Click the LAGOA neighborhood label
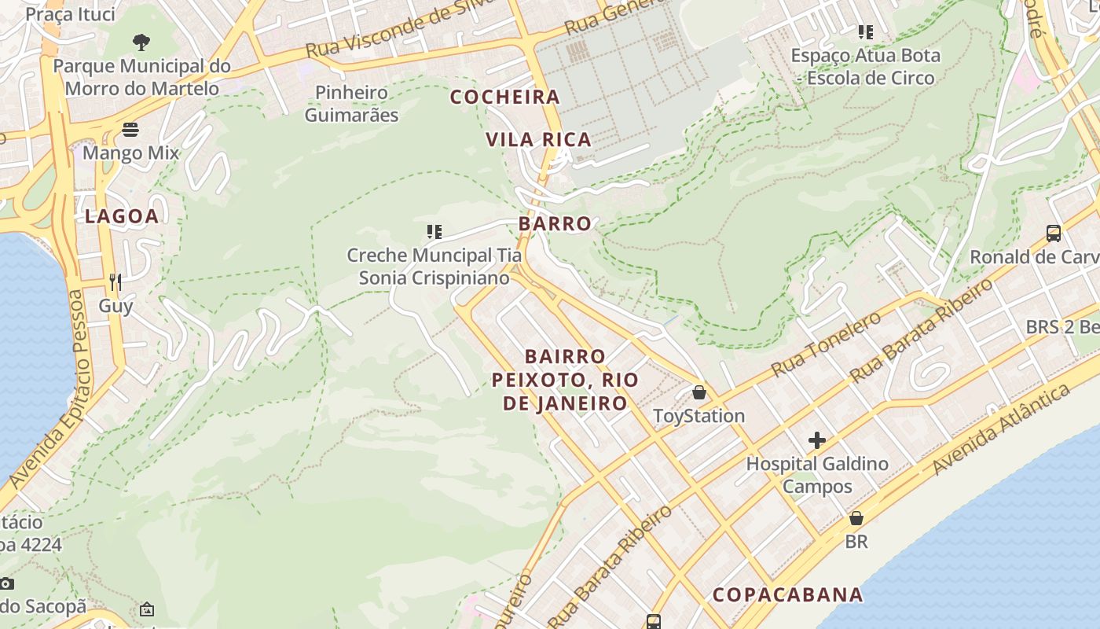click(x=122, y=216)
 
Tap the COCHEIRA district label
click(x=505, y=97)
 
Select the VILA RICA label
click(x=538, y=140)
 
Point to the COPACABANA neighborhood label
click(x=787, y=594)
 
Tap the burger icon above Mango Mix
click(x=130, y=129)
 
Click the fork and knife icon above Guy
click(x=115, y=281)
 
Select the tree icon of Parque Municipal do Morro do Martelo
click(x=141, y=42)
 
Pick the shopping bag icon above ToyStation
click(x=699, y=392)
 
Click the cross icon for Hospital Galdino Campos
click(x=817, y=440)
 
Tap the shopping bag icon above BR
click(x=856, y=518)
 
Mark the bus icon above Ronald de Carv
click(x=1054, y=233)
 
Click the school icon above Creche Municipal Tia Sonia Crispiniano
click(x=434, y=231)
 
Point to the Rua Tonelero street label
click(x=827, y=343)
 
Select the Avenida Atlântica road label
click(x=1002, y=429)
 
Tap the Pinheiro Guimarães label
click(x=351, y=104)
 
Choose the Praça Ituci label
click(x=70, y=14)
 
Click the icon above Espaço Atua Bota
click(x=866, y=32)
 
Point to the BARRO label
click(x=555, y=223)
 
